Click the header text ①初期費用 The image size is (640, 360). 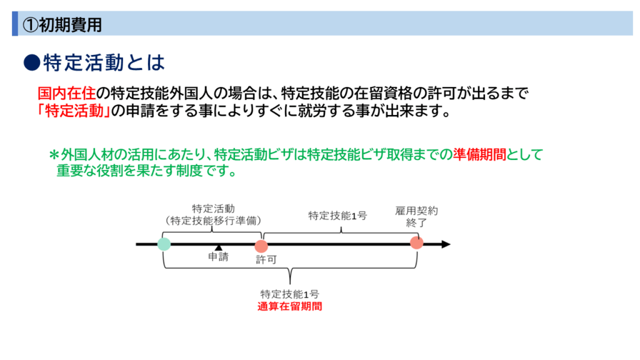coord(62,24)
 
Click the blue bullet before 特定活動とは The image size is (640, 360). coord(31,62)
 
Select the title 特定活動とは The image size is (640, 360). coord(104,62)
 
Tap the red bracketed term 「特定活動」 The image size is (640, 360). coord(73,112)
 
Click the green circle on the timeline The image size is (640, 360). coord(164,244)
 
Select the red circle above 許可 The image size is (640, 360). coord(261,246)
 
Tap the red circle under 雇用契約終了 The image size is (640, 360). coord(416,242)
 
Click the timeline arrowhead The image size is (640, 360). coord(445,244)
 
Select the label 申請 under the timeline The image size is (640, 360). coord(218,257)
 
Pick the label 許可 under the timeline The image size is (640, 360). coord(266,259)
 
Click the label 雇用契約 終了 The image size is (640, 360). coord(416,216)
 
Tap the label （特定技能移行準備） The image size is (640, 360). coord(213,220)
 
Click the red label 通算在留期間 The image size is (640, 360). coord(289,307)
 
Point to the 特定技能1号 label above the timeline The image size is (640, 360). coord(337,216)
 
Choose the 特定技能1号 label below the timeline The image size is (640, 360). coord(289,294)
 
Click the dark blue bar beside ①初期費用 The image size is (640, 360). coord(15,24)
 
